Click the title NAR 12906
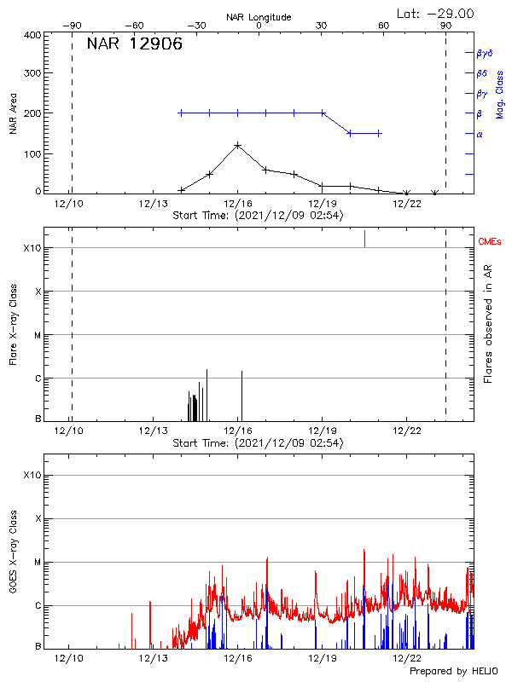pos(134,44)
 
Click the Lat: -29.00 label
pos(436,14)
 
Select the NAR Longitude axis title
pos(258,17)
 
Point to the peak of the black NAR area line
pos(237,145)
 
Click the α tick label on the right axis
pos(480,134)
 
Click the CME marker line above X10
pos(364,239)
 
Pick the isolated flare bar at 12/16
pos(241,396)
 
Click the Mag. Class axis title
pos(500,95)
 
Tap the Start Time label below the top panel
pos(258,216)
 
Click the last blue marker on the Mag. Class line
pos(379,133)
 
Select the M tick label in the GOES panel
pos(36,563)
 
